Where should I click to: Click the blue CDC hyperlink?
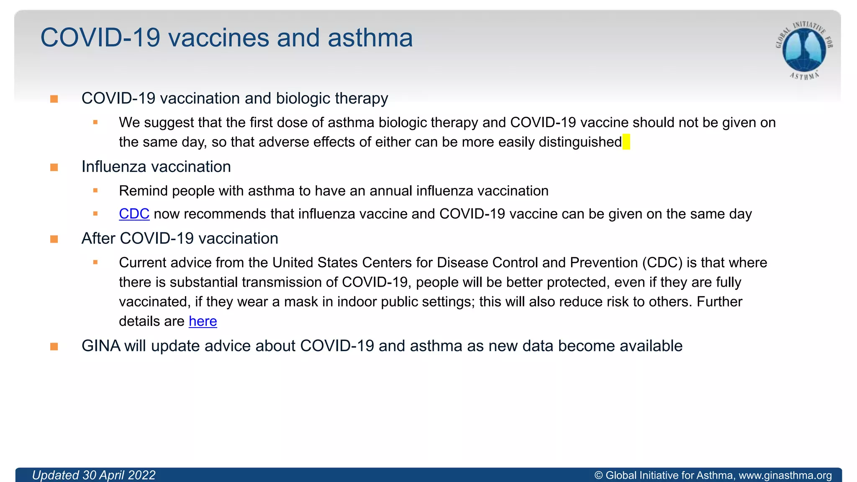(134, 214)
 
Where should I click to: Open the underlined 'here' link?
(203, 321)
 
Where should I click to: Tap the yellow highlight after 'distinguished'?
(626, 142)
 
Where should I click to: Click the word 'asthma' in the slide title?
(370, 38)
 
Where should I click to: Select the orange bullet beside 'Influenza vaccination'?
(54, 167)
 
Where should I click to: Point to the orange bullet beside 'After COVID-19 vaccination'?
(54, 239)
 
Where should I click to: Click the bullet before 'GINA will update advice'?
(54, 346)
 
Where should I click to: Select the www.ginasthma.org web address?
(785, 476)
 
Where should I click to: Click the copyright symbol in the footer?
(598, 476)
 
